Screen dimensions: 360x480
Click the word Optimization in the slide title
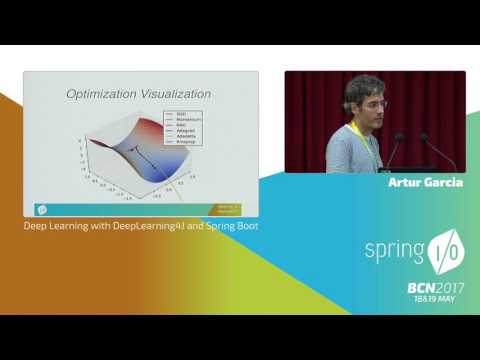103,94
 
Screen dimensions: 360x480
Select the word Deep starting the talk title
35,226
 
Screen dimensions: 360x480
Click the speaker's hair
363,85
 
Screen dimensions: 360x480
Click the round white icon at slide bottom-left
41,209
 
